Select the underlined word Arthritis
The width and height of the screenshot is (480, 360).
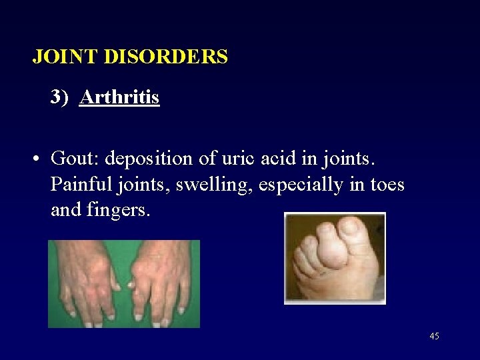tap(119, 98)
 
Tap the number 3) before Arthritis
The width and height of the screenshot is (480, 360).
tap(60, 98)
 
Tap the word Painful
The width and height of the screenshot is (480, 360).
tap(77, 185)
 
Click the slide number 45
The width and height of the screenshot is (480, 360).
tap(434, 337)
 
